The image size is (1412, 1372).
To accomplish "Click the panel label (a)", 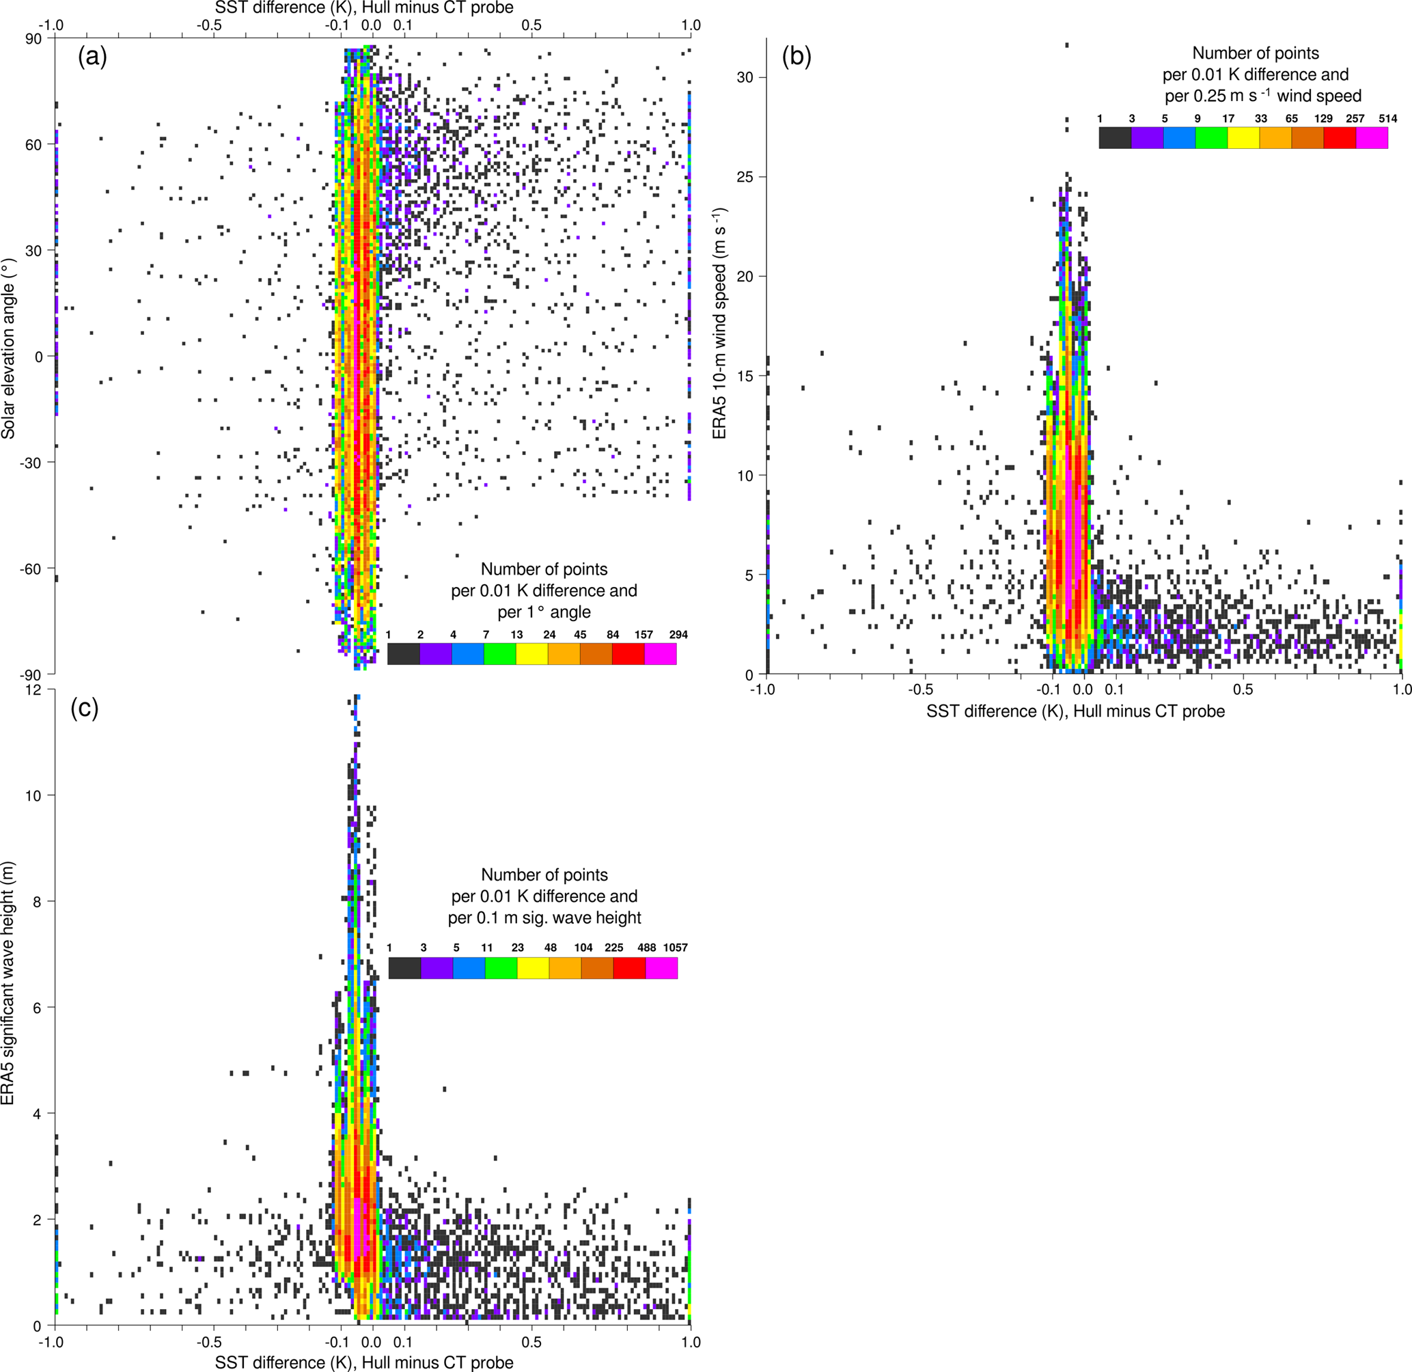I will [92, 57].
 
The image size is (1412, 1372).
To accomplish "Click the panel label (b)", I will [797, 57].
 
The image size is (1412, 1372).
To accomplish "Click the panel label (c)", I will [84, 709].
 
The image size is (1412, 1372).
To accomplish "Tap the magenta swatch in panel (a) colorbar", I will [661, 654].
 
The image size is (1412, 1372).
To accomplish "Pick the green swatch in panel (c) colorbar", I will [501, 968].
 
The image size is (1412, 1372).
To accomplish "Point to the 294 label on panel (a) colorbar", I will [678, 635].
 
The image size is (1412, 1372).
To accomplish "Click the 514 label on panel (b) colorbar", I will [1387, 119].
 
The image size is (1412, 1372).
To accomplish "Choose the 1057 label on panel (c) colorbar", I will [676, 948].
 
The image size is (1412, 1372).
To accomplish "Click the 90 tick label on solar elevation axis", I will [34, 39].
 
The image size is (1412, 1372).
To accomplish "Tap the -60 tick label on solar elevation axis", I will [30, 569].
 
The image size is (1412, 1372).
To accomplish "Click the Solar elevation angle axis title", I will [9, 348].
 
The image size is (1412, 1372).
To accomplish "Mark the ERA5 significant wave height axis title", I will [9, 1013].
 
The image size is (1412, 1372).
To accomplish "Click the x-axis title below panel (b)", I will [1075, 711].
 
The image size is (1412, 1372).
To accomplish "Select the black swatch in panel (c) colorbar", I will [404, 968].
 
